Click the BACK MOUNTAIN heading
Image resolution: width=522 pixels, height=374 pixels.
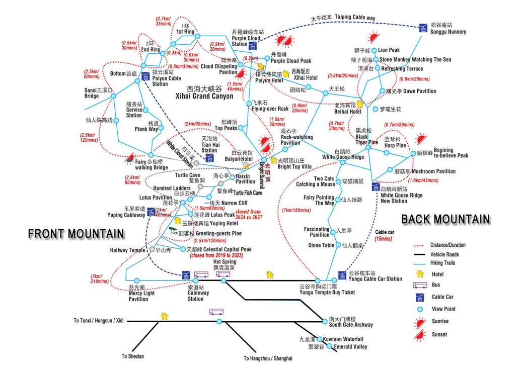pyautogui.click(x=445, y=219)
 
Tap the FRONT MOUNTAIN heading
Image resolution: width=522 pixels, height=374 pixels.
pyautogui.click(x=76, y=234)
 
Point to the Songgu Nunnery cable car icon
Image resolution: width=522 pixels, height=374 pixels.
pyautogui.click(x=424, y=27)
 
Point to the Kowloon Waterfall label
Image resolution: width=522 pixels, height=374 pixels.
pyautogui.click(x=343, y=339)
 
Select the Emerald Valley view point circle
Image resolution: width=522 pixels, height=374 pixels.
pyautogui.click(x=330, y=346)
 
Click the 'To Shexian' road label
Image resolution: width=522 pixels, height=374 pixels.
pyautogui.click(x=132, y=356)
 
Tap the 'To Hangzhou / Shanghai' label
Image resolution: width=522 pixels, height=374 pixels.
pyautogui.click(x=268, y=358)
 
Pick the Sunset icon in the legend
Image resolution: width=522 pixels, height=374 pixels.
pyautogui.click(x=420, y=334)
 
